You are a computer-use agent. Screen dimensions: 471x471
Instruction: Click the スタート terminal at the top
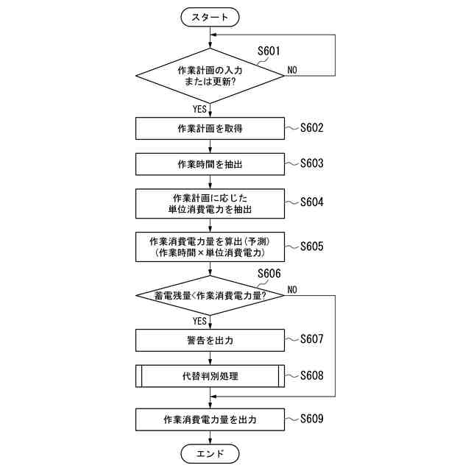[210, 15]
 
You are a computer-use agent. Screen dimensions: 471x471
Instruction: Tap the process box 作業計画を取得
[210, 129]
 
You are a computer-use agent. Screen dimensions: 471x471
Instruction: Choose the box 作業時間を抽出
[210, 164]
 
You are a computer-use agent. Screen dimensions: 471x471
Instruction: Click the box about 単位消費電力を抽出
[210, 204]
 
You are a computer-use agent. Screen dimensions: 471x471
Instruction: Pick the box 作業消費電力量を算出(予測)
[210, 247]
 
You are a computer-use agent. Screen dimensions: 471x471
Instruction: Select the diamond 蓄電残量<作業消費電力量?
[210, 295]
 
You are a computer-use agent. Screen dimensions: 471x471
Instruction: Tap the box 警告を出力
[210, 340]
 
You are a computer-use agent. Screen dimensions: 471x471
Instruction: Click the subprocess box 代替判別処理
[210, 376]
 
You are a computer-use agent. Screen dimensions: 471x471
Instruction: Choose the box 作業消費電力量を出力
[210, 419]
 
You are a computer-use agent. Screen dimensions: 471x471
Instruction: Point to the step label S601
[269, 51]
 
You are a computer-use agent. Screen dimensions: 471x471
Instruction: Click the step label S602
[311, 128]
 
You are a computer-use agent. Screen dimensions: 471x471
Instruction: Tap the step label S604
[311, 202]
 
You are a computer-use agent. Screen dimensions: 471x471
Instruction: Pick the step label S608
[311, 375]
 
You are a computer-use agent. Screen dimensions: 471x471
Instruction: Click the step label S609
[311, 419]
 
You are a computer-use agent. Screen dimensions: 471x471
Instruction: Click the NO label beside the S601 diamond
[292, 70]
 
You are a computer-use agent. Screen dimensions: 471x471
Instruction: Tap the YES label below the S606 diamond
[199, 322]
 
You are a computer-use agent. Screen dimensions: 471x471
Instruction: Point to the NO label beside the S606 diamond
[292, 289]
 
